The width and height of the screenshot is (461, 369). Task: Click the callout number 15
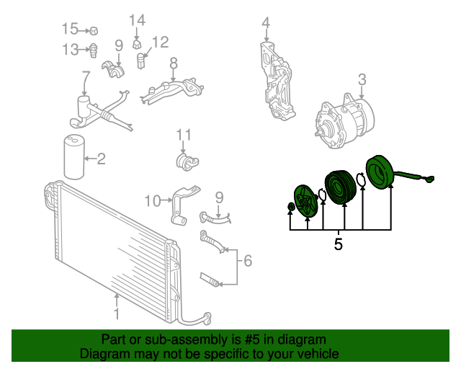(70, 30)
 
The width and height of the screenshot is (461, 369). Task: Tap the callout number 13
(70, 50)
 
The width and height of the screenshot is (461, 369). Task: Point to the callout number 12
(160, 42)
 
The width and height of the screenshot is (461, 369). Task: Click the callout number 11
(184, 135)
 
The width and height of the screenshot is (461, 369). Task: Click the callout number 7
(86, 76)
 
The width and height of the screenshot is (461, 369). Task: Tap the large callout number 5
(339, 245)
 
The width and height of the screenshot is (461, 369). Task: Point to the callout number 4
(266, 23)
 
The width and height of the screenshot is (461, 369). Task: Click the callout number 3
(362, 79)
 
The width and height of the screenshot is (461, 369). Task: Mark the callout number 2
(101, 158)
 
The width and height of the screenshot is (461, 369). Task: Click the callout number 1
(117, 314)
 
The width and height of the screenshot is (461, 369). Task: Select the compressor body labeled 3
(341, 123)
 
